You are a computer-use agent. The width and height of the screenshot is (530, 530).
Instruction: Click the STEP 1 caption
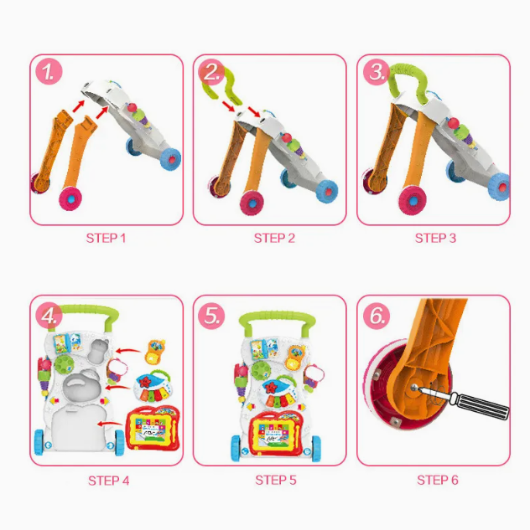click(x=106, y=239)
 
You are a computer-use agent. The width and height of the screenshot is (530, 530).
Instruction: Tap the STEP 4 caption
click(x=109, y=481)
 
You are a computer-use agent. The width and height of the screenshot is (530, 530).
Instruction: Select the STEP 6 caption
click(x=438, y=480)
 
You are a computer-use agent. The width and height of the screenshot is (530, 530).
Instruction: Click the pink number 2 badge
click(x=211, y=72)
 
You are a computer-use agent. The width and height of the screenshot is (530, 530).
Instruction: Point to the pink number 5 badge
click(x=211, y=316)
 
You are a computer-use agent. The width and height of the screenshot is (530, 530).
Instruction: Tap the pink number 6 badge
click(x=377, y=316)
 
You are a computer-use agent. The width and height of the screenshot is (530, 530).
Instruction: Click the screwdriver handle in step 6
click(x=481, y=405)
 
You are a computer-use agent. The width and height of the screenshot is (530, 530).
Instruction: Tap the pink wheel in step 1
click(x=70, y=198)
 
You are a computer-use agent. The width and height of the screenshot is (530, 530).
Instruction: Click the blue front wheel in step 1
click(x=170, y=159)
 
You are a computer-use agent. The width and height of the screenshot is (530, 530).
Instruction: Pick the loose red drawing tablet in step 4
click(x=153, y=428)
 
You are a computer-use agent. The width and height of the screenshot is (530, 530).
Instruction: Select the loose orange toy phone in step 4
click(x=155, y=352)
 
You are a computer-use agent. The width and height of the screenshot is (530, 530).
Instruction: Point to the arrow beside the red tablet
click(x=111, y=423)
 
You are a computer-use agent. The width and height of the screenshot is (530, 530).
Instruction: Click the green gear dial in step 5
click(x=261, y=371)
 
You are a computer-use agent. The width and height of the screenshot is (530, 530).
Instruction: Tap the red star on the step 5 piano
click(x=271, y=388)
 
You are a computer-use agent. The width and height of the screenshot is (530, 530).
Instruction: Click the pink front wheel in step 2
click(x=252, y=203)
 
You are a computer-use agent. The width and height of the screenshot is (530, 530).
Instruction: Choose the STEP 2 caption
click(x=274, y=239)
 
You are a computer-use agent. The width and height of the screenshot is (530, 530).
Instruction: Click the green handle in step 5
click(x=277, y=318)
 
